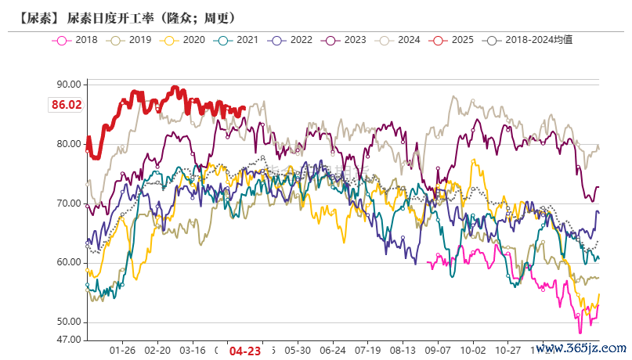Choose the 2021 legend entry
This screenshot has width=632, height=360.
237,39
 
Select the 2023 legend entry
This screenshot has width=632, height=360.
344,39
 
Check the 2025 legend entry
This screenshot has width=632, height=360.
451,39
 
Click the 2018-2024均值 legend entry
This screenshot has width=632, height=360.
529,39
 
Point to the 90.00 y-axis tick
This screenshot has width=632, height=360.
69,85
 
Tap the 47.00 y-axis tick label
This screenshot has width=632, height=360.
69,340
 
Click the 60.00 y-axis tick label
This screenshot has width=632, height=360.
69,263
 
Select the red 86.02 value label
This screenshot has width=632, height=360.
67,104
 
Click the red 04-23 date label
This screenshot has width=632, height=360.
244,351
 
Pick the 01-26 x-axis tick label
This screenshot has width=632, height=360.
123,351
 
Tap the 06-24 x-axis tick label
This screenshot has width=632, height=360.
333,351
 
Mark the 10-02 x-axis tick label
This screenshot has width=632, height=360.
473,351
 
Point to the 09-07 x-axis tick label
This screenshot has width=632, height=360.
438,351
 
